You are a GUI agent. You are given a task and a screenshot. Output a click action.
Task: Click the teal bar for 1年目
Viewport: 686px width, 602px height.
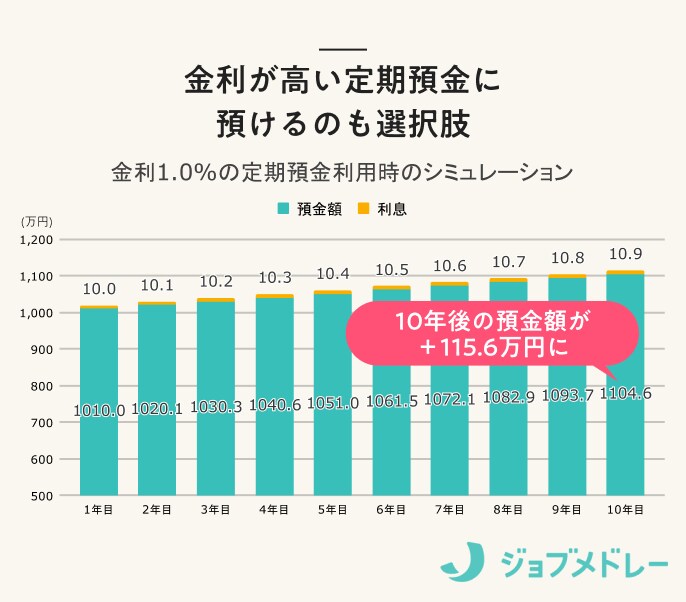pos(99,400)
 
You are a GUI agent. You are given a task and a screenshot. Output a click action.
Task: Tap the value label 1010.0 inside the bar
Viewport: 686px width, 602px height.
pos(99,410)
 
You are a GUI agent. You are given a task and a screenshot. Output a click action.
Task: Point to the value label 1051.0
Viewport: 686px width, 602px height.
pos(333,403)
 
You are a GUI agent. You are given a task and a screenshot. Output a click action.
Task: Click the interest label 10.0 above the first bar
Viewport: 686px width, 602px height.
pos(99,289)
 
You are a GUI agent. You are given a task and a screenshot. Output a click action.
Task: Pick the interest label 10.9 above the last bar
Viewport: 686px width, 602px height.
pos(625,253)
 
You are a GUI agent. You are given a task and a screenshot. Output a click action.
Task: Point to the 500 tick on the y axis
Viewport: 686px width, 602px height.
pos(42,496)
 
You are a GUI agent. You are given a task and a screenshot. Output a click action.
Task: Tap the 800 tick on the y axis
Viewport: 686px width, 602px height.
pos(42,386)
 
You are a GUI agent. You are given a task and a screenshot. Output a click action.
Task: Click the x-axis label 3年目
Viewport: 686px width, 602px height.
pos(216,510)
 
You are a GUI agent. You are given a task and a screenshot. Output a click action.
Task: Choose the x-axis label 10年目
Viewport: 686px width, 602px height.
pos(625,510)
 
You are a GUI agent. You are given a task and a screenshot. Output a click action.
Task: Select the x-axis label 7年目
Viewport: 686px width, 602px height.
pos(450,510)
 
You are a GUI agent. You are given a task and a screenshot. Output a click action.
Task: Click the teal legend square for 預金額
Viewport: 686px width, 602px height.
pos(283,209)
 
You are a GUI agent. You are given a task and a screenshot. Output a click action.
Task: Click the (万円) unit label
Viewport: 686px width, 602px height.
pos(36,221)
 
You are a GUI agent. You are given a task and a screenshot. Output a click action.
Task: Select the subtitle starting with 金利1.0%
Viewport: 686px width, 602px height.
pos(342,171)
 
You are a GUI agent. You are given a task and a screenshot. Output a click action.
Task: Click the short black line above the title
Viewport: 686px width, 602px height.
pos(342,50)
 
